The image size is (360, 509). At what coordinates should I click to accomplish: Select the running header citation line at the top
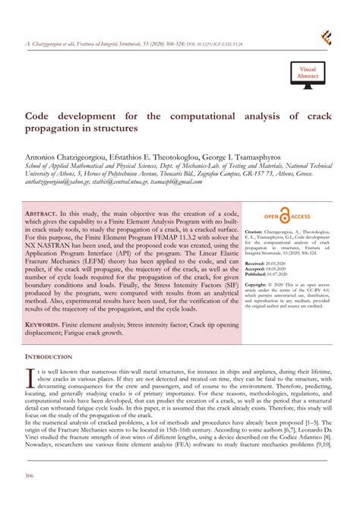[x=137, y=45]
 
